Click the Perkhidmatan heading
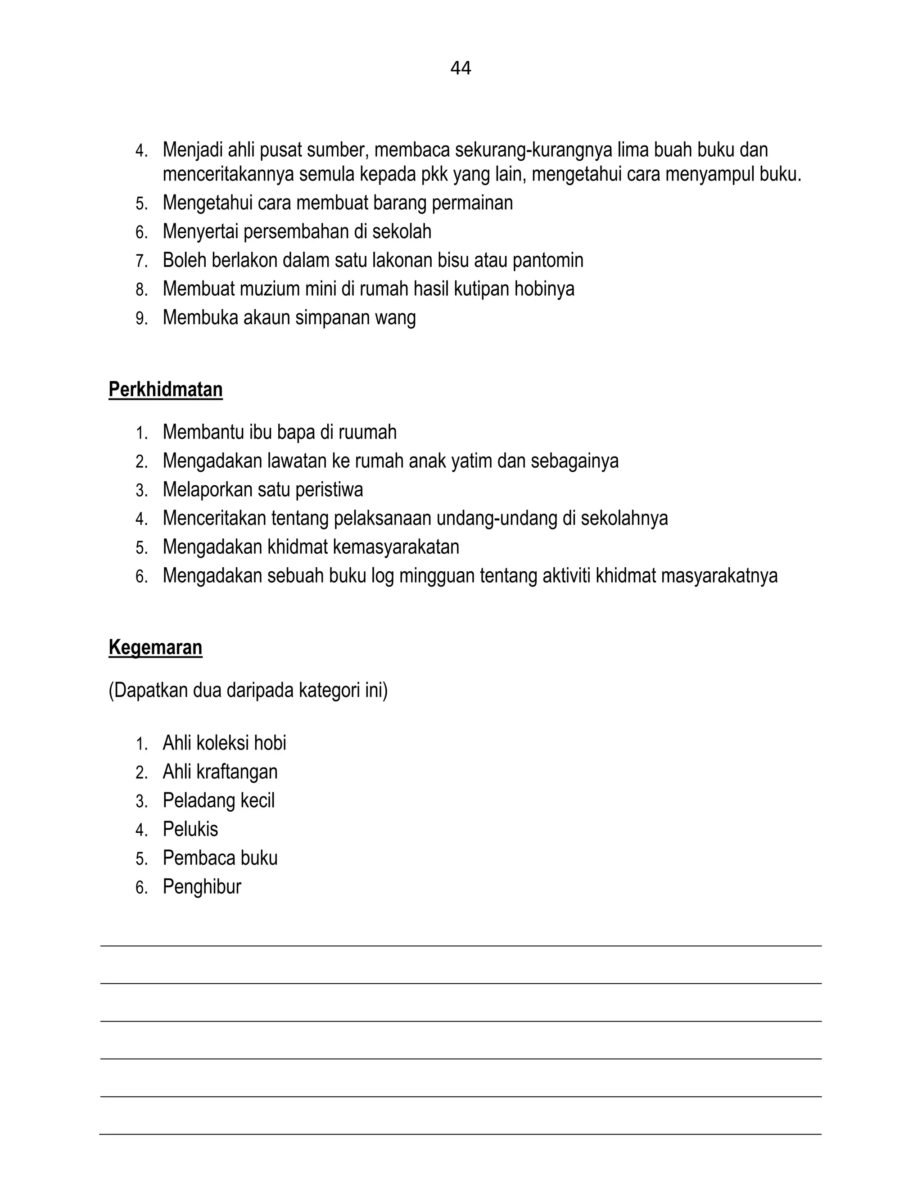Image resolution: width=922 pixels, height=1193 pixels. pyautogui.click(x=166, y=390)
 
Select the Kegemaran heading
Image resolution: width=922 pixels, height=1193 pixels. pyautogui.click(x=155, y=647)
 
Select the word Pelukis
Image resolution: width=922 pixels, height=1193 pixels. pyautogui.click(x=190, y=829)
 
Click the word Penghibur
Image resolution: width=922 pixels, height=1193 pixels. pyautogui.click(x=202, y=886)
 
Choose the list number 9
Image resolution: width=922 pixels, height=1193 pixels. pyautogui.click(x=141, y=318)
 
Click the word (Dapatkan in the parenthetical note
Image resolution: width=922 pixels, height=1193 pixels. pyautogui.click(x=149, y=691)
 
